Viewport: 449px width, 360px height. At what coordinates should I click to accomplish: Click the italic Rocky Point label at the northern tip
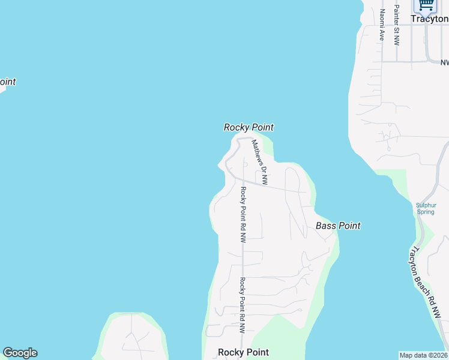pos(249,127)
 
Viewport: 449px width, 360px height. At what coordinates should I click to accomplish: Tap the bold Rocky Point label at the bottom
pos(243,352)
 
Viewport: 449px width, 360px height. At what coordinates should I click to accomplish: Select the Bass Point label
pos(338,226)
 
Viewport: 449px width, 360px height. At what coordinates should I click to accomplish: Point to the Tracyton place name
pos(429,19)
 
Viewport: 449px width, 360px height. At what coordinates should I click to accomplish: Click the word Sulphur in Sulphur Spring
pos(426,205)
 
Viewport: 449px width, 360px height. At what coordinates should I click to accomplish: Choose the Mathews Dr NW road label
pos(259,161)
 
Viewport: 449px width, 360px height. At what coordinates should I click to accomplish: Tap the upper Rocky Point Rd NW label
pos(243,214)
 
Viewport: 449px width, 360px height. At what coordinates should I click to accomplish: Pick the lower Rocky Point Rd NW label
pos(243,305)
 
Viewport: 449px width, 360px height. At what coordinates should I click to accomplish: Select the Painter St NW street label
pos(396,25)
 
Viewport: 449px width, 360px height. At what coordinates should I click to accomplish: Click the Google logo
pos(20,353)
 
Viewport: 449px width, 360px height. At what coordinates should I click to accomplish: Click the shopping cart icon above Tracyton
pos(426,5)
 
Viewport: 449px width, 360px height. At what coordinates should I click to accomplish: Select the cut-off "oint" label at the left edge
pos(7,82)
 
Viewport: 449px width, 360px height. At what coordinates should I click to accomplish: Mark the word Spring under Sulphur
pos(426,212)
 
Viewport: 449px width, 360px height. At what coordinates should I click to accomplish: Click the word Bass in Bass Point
pos(325,226)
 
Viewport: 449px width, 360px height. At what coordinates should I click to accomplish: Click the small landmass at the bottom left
pos(132,339)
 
